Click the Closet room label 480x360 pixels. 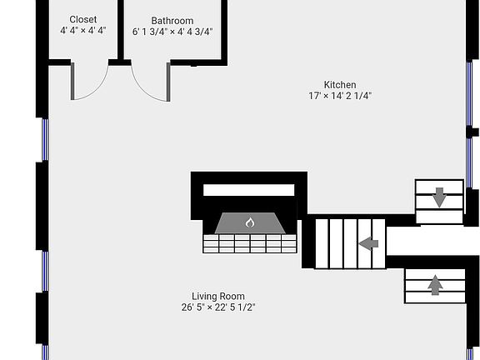pos(83,20)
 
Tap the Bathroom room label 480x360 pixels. pos(172,21)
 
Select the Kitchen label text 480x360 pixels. pos(340,85)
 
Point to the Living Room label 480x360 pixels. pos(218,297)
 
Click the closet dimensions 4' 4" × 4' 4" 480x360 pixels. pos(83,31)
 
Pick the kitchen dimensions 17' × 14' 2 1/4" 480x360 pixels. pos(340,96)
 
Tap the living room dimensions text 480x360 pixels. pos(218,307)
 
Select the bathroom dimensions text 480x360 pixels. pos(172,32)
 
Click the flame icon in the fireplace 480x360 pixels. pos(250,222)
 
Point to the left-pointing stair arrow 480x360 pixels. pos(368,244)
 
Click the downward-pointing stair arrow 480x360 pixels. pos(439,197)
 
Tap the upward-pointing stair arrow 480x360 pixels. pos(435,285)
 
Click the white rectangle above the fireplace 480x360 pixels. pos(249,190)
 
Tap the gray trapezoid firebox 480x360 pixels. pos(250,223)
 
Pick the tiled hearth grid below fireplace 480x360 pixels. pos(250,243)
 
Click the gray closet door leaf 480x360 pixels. pos(72,81)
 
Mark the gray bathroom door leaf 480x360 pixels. pos(168,82)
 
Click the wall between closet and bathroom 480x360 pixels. pos(121,31)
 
